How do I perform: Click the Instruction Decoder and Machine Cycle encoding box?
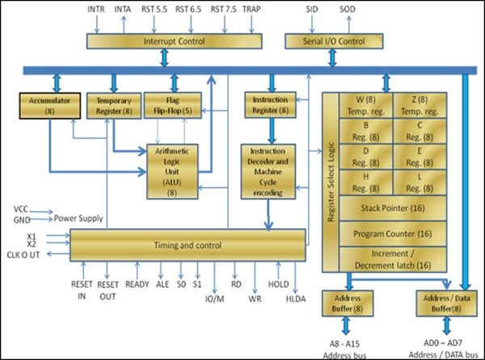[272, 171]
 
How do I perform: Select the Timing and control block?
[188, 244]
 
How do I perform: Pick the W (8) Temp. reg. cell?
[365, 106]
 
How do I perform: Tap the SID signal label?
[312, 9]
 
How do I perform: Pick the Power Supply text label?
[79, 217]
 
